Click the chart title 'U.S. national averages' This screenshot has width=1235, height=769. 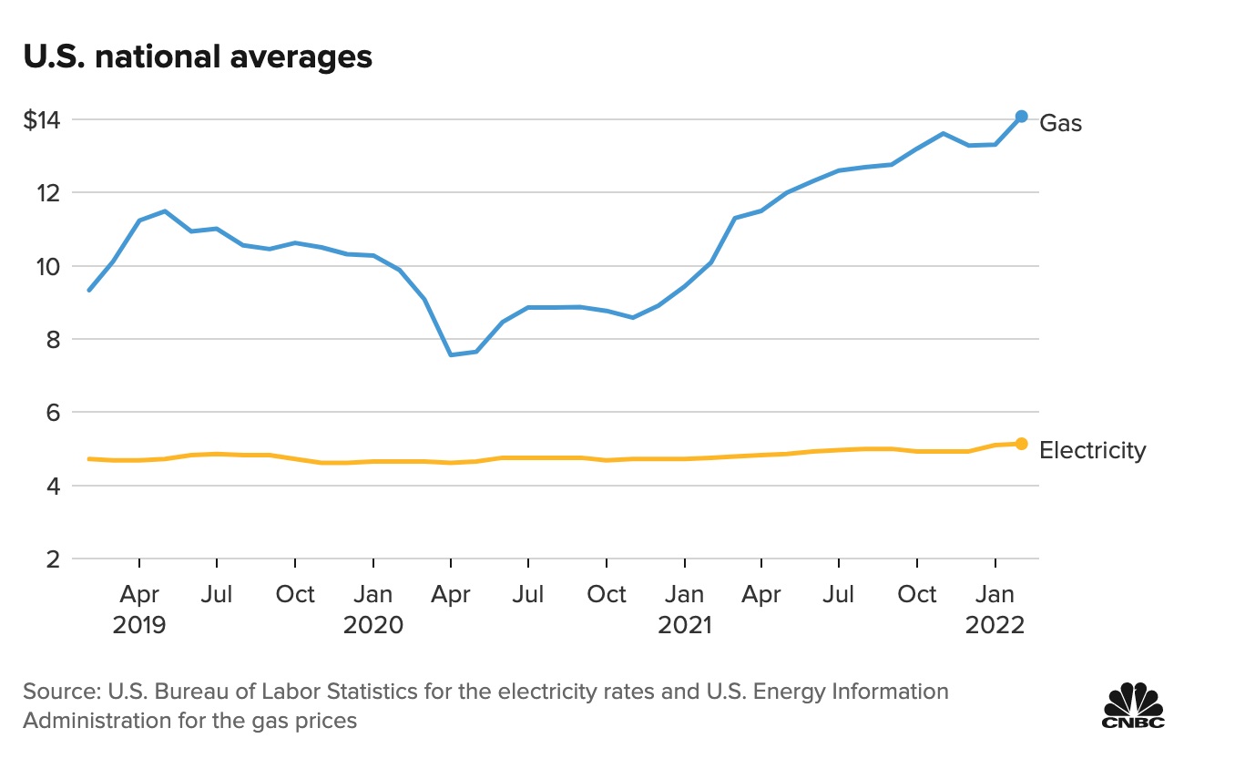click(198, 56)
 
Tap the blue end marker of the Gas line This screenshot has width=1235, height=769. click(1021, 117)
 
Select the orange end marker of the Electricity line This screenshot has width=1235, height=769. click(1021, 444)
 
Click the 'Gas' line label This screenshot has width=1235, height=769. click(1061, 123)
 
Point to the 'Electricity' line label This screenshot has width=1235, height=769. click(1092, 450)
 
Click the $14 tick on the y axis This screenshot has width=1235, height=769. click(41, 119)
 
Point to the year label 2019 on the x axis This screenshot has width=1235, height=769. click(139, 626)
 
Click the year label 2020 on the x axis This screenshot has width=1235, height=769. click(373, 626)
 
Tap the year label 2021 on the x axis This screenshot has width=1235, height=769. click(684, 626)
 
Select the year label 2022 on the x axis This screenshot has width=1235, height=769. click(995, 626)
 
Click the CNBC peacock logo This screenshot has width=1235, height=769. click(1134, 705)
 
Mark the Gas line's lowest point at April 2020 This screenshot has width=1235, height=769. click(451, 354)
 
